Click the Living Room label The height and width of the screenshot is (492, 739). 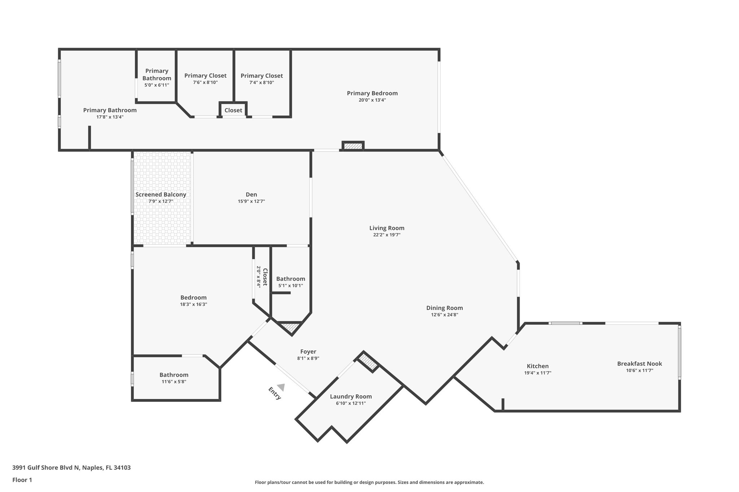pos(386,228)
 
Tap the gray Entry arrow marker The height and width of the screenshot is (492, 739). pos(281,387)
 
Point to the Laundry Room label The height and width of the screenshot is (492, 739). pos(351,396)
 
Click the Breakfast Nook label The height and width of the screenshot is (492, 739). pos(639,363)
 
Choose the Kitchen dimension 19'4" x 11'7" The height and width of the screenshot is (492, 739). pos(537,373)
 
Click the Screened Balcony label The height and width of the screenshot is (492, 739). pos(161,195)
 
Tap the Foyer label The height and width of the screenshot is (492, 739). pos(308,351)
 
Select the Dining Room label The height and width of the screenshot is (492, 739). pos(444,308)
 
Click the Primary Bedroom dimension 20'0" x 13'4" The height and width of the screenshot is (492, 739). pos(372,100)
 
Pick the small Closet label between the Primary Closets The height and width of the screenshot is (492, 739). pos(233,110)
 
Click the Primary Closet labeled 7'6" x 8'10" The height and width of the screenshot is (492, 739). pos(205,76)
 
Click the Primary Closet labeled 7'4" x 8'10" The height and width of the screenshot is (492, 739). pos(262,76)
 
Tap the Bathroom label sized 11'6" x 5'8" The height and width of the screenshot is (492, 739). pos(174,375)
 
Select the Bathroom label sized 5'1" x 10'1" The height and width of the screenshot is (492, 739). pos(290,279)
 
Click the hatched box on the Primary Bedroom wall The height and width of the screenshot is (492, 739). pos(353,146)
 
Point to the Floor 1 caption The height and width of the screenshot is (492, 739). pos(22,480)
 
